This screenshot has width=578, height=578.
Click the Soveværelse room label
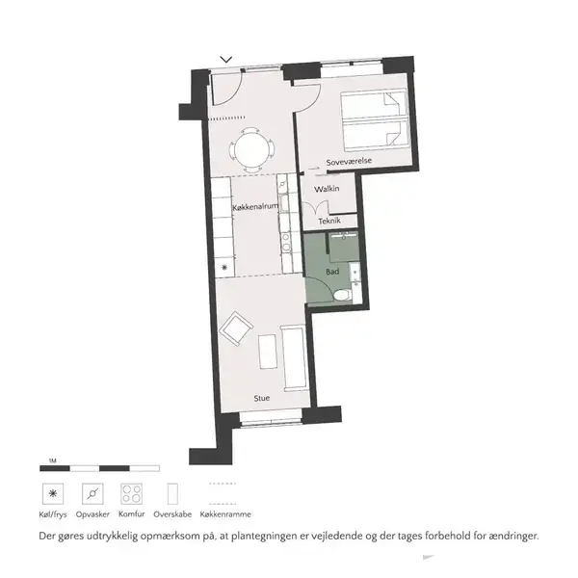[x=349, y=161]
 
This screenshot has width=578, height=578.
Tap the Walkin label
[x=327, y=189]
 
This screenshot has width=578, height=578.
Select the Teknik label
[x=329, y=221]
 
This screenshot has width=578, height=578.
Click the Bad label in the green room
[x=332, y=272]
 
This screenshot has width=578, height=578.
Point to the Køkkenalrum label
[x=255, y=207]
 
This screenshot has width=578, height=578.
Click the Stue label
[x=262, y=398]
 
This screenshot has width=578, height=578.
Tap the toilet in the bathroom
[x=343, y=296]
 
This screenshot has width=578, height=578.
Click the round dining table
[x=251, y=150]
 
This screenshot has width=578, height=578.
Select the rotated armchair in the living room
[x=236, y=328]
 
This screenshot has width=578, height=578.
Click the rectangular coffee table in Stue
[x=268, y=352]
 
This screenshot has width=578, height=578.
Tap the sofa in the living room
[x=294, y=357]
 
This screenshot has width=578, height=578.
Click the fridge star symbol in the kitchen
[x=224, y=267]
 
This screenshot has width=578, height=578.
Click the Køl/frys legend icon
[x=53, y=494]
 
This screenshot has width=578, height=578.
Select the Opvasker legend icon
[x=92, y=494]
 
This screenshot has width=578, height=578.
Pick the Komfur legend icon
[x=132, y=494]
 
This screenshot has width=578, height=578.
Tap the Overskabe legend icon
[x=172, y=494]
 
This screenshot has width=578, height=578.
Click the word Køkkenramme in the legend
[x=225, y=514]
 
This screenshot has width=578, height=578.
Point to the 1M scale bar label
[x=52, y=460]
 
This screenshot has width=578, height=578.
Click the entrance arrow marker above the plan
[x=226, y=60]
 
